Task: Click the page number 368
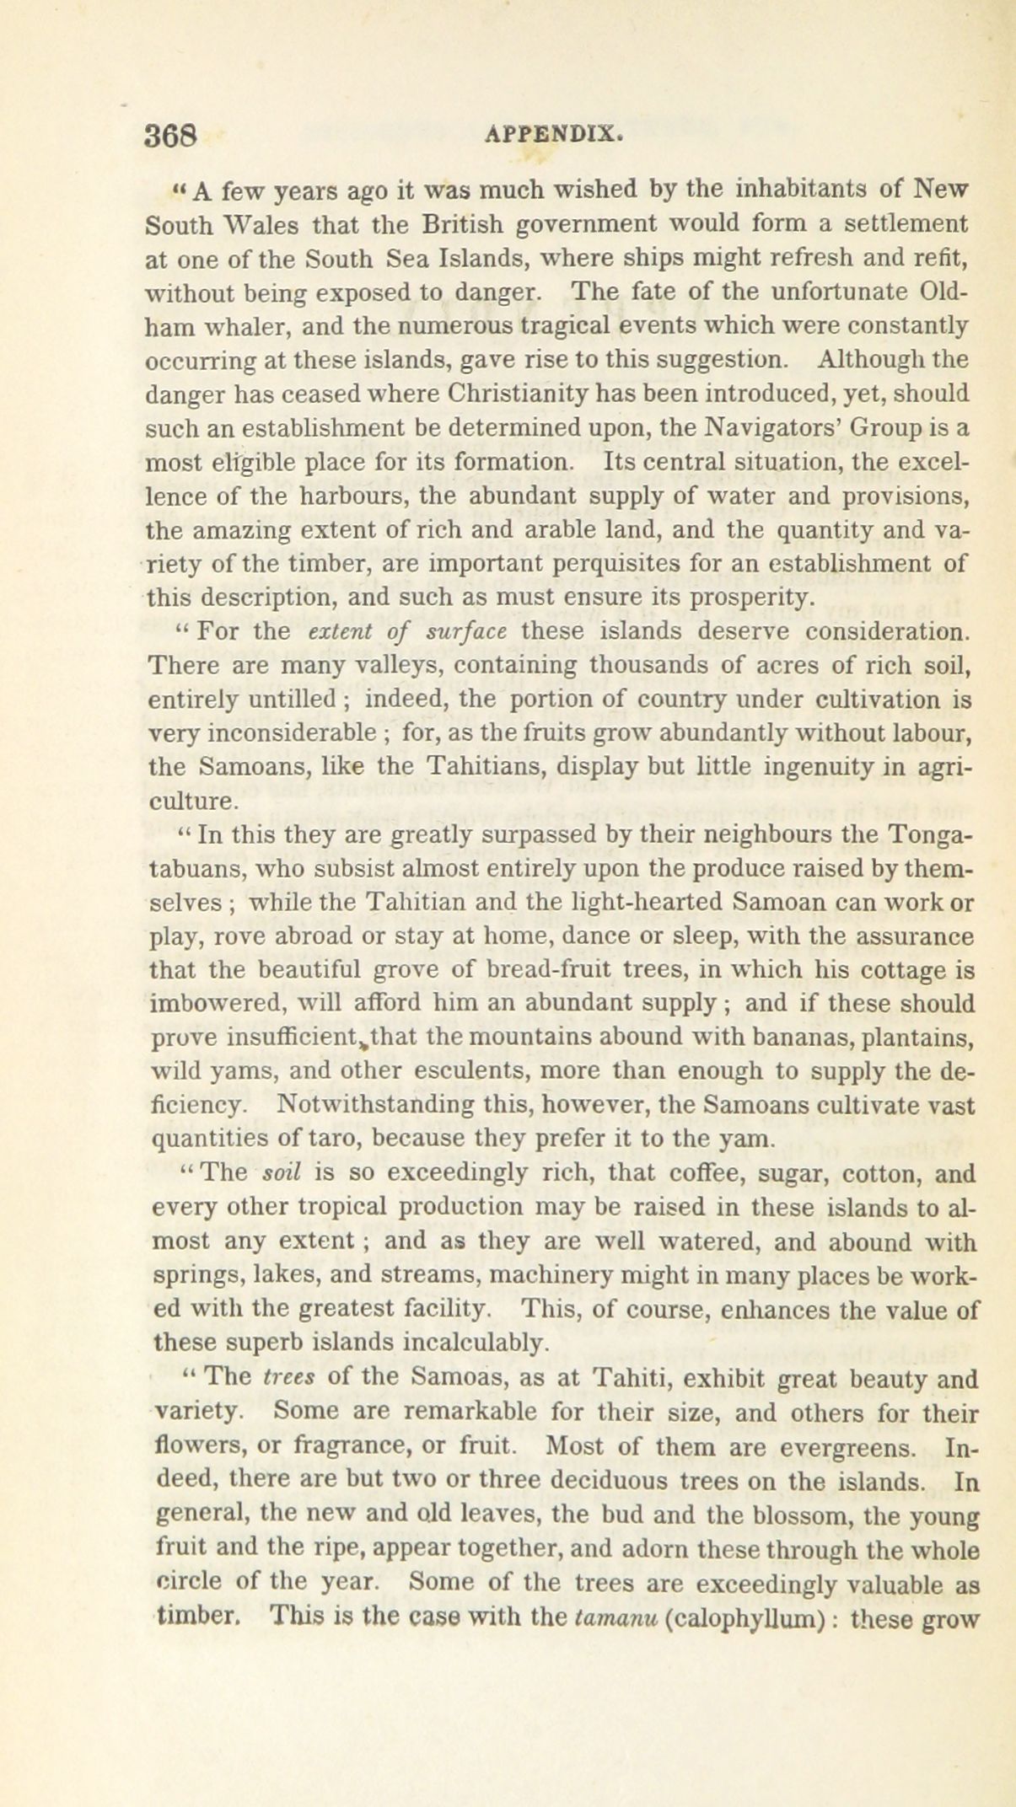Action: (171, 136)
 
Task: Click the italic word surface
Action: (465, 632)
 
